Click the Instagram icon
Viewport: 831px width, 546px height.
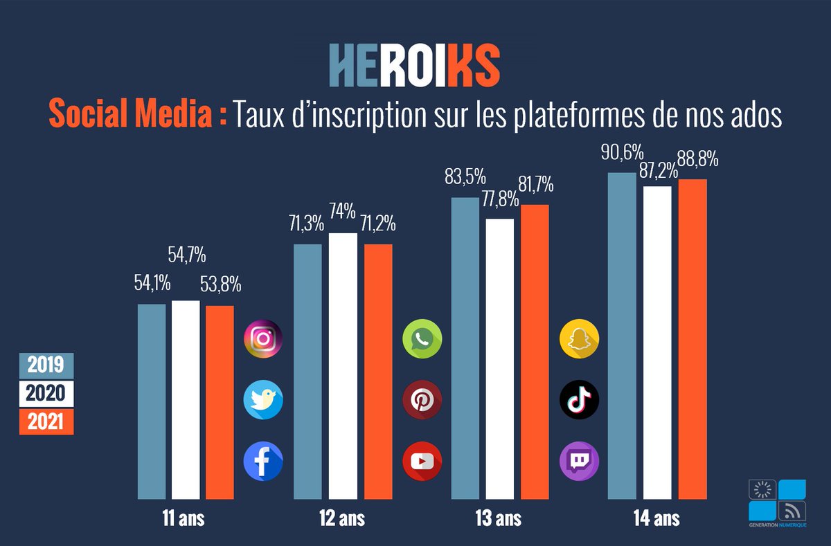263,339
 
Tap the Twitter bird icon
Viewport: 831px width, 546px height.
263,400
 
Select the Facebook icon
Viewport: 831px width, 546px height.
263,461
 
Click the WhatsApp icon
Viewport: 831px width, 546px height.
422,339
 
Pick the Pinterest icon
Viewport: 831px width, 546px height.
422,400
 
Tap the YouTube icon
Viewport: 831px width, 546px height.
422,461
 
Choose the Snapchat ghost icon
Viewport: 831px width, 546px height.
579,339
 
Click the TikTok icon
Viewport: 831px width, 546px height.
579,400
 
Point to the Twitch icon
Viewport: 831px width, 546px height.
579,461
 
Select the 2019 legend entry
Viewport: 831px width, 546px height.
46,365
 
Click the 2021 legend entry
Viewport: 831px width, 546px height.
46,421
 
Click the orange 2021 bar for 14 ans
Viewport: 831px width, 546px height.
692,338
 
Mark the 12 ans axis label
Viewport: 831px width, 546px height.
342,518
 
